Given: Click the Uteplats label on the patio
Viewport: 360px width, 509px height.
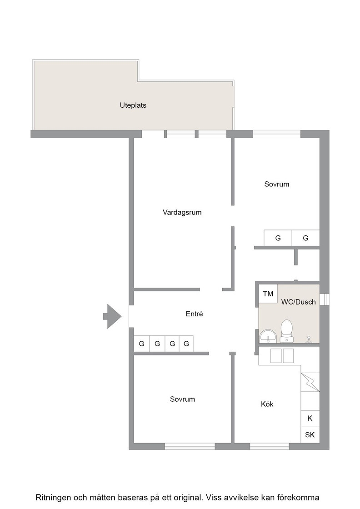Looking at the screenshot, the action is click(x=133, y=105).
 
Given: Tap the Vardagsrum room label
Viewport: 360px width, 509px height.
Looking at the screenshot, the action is click(x=182, y=212).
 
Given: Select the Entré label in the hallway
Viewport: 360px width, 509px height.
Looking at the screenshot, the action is click(x=194, y=314).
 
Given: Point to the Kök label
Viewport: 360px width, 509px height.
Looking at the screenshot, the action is click(x=267, y=404).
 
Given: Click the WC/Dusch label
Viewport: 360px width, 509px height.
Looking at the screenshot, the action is click(x=298, y=302).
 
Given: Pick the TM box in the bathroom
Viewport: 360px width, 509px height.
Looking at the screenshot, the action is click(x=268, y=294).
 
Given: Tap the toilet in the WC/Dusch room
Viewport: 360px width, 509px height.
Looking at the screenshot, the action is click(x=287, y=330).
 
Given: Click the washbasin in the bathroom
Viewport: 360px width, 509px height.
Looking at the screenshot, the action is click(x=268, y=336).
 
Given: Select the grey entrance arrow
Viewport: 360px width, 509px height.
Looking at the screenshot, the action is click(x=112, y=316).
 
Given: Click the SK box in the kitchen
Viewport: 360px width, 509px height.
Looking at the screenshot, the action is click(x=310, y=434).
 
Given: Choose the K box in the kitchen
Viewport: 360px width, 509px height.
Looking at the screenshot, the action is click(x=310, y=418).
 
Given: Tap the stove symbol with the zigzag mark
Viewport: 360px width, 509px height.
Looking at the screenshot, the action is click(x=310, y=382).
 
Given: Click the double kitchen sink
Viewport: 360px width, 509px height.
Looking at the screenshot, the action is click(x=282, y=356).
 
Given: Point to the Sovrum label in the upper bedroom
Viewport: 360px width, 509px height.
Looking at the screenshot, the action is click(x=276, y=184).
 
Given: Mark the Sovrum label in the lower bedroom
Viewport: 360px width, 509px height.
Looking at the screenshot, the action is click(x=182, y=399).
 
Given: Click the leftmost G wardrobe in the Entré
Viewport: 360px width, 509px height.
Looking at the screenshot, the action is click(x=141, y=344).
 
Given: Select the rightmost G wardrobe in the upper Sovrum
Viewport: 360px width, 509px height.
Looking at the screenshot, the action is click(x=306, y=238).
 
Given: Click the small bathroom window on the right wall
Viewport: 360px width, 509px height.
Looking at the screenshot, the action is click(x=325, y=299).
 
